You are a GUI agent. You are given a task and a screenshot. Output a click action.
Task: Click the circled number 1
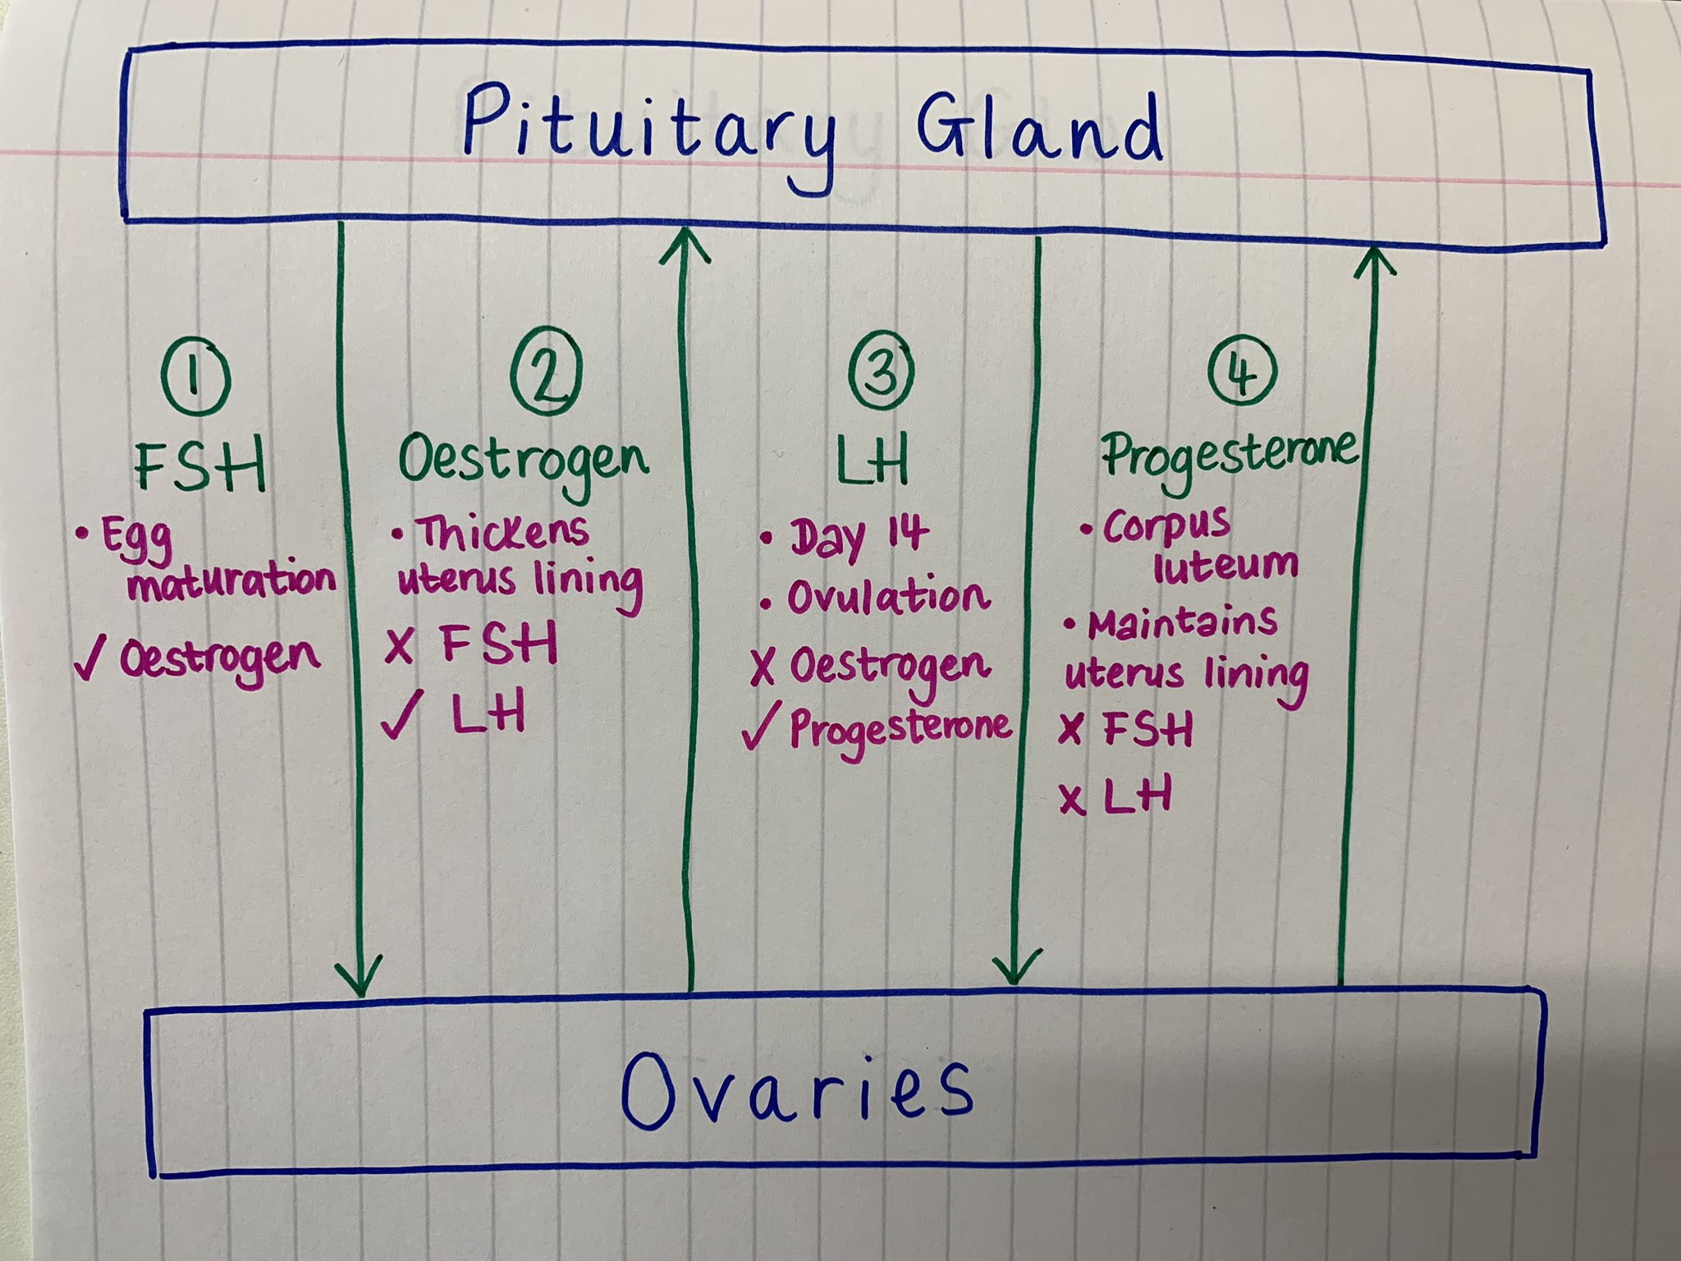[x=195, y=379]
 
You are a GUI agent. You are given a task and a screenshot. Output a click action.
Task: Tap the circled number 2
[x=547, y=376]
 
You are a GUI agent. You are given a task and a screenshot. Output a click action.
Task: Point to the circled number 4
[x=1242, y=373]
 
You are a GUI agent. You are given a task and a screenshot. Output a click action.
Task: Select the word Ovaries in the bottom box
[x=796, y=1089]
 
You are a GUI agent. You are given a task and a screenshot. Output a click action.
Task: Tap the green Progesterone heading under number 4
[x=1229, y=454]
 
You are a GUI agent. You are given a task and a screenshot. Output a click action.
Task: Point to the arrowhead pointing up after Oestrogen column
[x=684, y=246]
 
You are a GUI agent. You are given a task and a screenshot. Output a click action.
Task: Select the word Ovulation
[x=888, y=598]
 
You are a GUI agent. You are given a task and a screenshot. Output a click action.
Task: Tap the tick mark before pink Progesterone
[x=759, y=727]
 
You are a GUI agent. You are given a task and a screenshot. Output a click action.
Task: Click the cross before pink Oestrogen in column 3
[x=763, y=667]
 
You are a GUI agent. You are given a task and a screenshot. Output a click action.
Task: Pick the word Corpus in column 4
[x=1166, y=527]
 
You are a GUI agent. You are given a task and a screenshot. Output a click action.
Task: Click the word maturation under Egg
[x=232, y=582]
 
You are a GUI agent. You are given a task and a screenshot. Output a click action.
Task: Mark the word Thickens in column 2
[x=502, y=533]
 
